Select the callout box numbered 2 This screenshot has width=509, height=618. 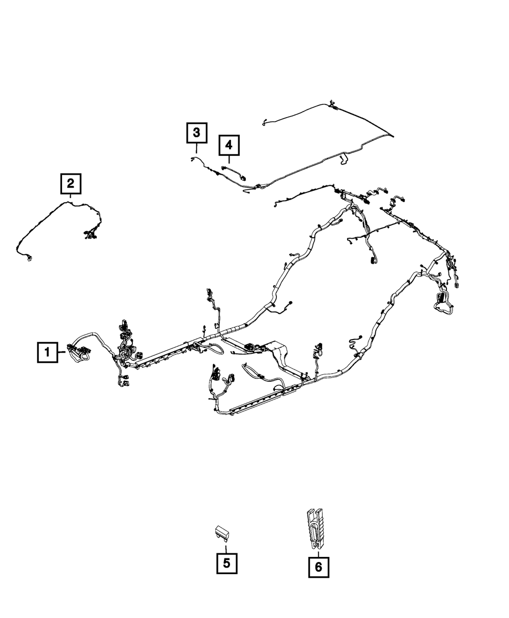tap(71, 184)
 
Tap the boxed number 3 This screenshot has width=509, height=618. tap(196, 134)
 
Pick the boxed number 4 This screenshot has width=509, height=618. tap(229, 146)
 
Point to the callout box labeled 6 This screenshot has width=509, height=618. tap(319, 567)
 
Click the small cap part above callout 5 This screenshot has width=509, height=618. tap(221, 532)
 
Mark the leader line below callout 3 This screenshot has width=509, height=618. tap(196, 149)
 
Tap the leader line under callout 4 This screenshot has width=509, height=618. tap(229, 159)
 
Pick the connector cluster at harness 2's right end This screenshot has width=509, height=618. tap(90, 235)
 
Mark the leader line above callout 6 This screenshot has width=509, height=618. tap(319, 551)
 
